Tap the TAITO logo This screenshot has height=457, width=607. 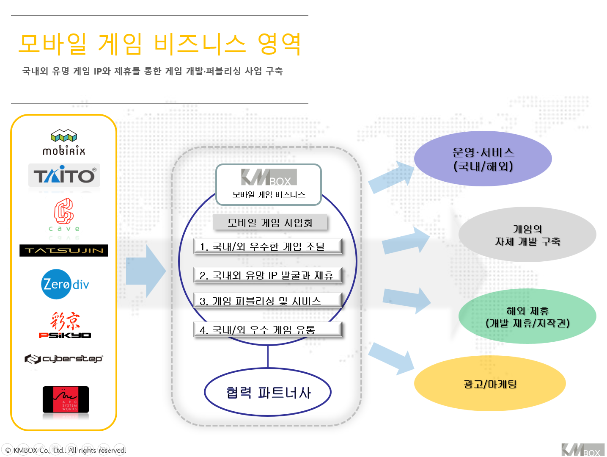coord(64,175)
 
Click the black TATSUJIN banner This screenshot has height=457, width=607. coord(64,250)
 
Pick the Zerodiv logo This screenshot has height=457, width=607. coord(66,284)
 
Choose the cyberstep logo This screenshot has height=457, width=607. coord(64,359)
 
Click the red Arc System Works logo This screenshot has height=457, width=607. coord(66,399)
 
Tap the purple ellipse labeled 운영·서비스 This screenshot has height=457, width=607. coord(483,159)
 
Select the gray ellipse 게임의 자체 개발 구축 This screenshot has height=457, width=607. coord(527,235)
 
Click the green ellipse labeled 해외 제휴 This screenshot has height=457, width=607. coord(527,316)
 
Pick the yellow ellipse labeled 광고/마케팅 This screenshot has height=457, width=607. coord(490,384)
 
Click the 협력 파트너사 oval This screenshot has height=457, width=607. coord(268,392)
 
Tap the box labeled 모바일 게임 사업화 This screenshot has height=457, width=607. coord(270,223)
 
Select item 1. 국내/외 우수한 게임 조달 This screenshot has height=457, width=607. coord(267,247)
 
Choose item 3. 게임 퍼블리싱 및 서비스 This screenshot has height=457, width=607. coord(267,301)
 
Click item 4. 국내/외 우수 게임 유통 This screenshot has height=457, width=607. coord(267,330)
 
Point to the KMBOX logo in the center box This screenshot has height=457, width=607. coord(269,177)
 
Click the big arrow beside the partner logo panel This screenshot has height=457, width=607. coord(146,271)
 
